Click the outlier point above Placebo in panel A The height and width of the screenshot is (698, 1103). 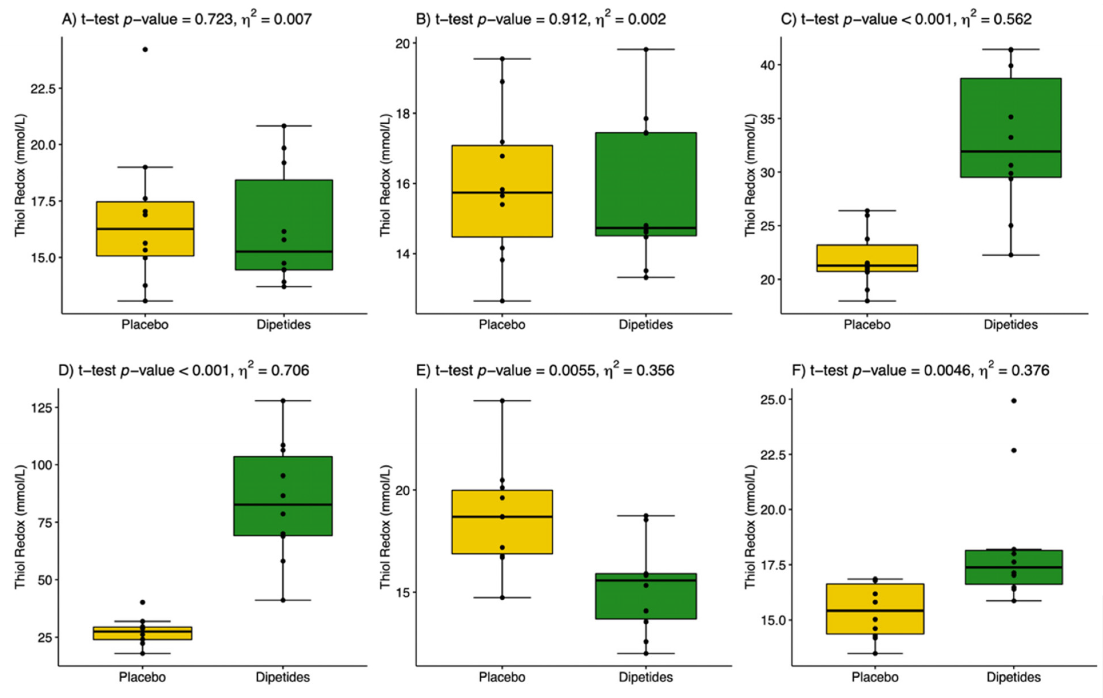tap(145, 49)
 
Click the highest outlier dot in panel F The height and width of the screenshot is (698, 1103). tap(1014, 401)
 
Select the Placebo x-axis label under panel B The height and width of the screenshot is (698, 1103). tap(502, 325)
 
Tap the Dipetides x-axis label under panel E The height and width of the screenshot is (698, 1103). tap(646, 677)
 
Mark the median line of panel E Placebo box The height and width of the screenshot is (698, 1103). tap(502, 517)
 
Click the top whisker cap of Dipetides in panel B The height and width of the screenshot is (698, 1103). tap(646, 49)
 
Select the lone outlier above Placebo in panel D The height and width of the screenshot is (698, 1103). tap(142, 602)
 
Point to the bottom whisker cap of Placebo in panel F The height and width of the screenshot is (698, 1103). tap(875, 654)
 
